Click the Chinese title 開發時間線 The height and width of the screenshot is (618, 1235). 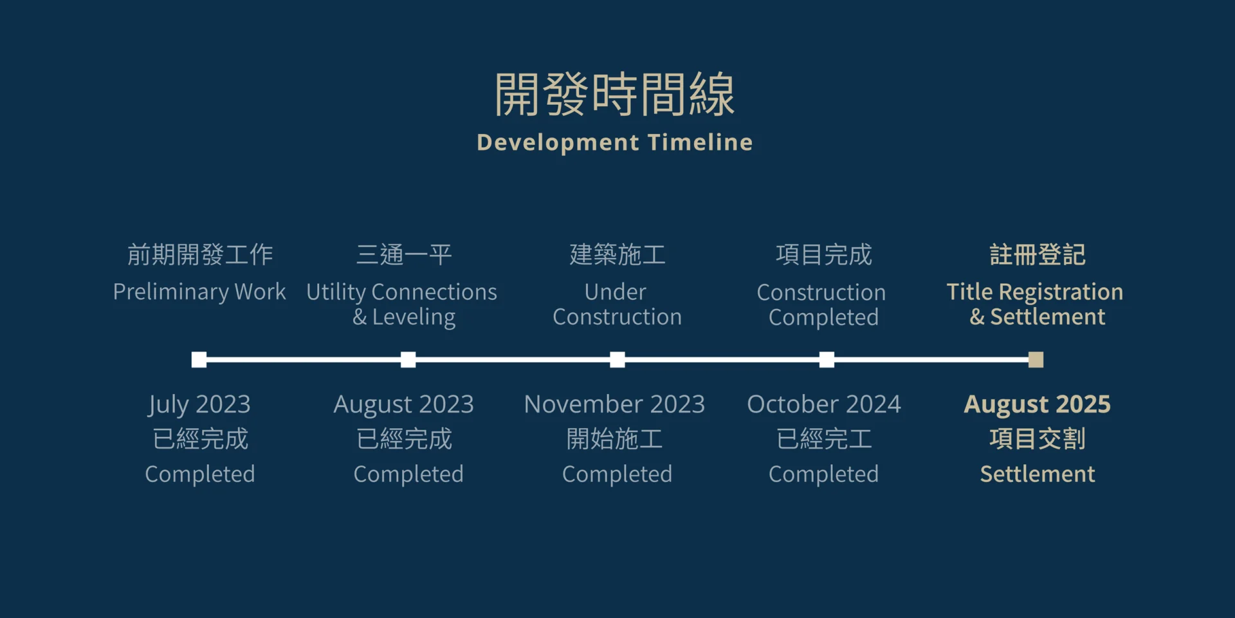(614, 94)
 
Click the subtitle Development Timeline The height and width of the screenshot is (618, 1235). (614, 142)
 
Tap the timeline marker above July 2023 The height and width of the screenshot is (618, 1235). (199, 359)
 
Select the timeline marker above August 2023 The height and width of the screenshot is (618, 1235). (408, 359)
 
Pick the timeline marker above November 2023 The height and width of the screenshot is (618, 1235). (617, 359)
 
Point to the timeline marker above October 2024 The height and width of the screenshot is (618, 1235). (827, 359)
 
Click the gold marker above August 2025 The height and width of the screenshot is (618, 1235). (1036, 359)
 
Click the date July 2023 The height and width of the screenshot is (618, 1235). (199, 405)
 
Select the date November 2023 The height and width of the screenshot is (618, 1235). (614, 404)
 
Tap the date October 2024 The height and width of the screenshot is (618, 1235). (824, 404)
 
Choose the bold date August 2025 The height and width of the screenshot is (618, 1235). (1037, 405)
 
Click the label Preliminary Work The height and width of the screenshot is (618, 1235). (199, 292)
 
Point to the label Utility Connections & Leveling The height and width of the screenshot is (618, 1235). (402, 304)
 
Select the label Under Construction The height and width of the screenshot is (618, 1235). (617, 304)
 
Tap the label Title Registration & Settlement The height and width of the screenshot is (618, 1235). (1035, 304)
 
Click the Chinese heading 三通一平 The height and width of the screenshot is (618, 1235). (404, 255)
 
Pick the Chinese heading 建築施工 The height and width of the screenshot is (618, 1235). (617, 255)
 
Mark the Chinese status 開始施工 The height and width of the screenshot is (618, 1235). (615, 439)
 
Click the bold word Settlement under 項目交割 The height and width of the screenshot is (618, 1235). (1037, 474)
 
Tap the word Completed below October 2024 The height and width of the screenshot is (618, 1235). (823, 474)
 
